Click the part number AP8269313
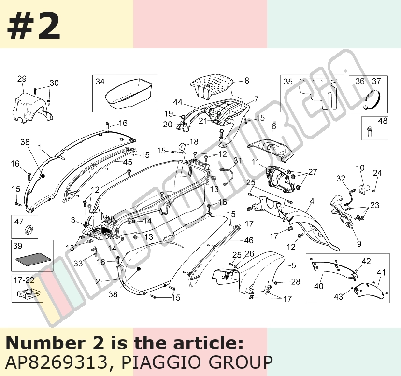tap(56, 362)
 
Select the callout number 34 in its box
tap(100, 82)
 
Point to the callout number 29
tap(22, 78)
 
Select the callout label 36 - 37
tap(368, 81)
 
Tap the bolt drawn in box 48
tap(370, 131)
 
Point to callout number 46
tap(249, 240)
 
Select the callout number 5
tap(294, 265)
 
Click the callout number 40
tap(319, 286)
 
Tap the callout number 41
tap(381, 273)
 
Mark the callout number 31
tap(238, 160)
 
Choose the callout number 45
tap(128, 162)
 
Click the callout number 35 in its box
tap(288, 82)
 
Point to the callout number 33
tap(79, 263)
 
